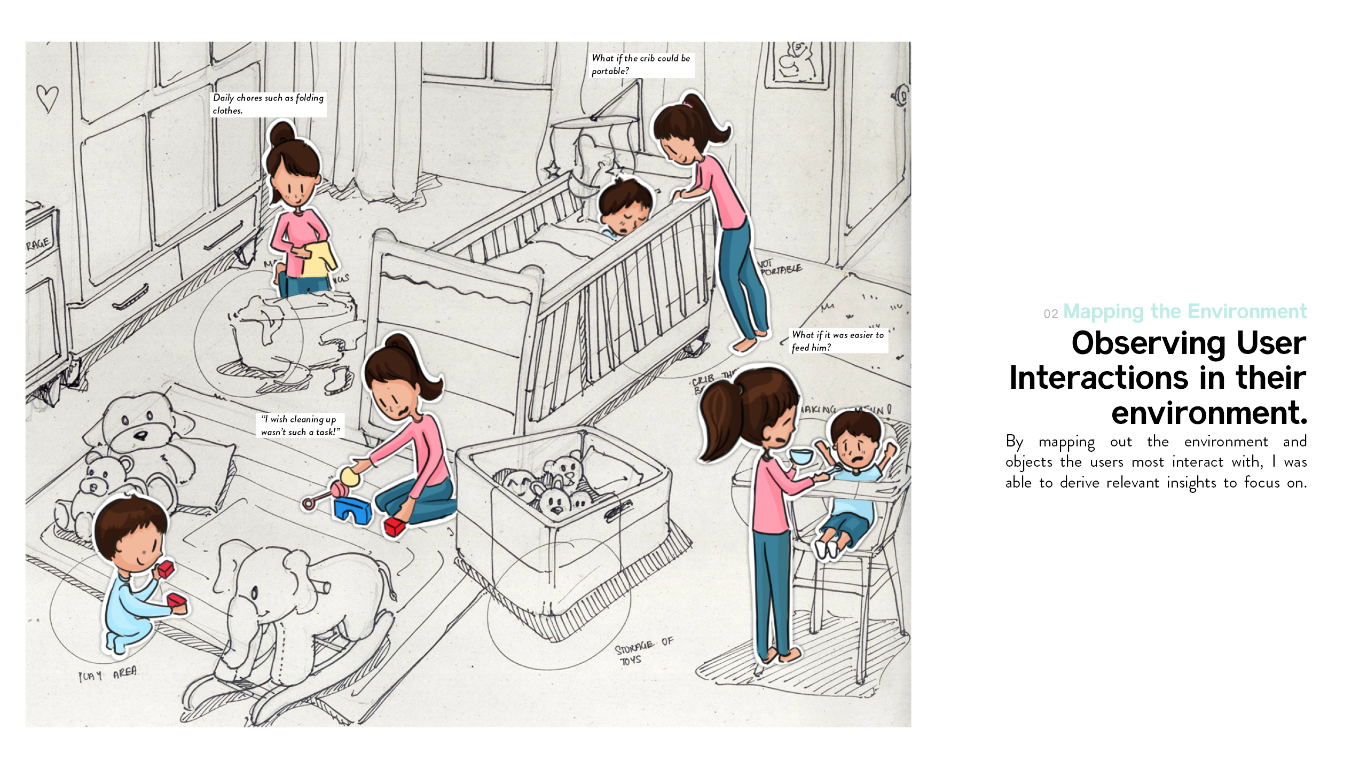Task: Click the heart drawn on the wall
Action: click(47, 98)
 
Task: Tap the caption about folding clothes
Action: click(268, 104)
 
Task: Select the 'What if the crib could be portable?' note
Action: click(641, 65)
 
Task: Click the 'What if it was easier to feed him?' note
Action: click(838, 341)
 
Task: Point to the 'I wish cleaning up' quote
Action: click(300, 426)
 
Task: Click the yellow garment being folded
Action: click(319, 259)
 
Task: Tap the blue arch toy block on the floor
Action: click(352, 510)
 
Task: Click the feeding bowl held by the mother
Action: click(802, 457)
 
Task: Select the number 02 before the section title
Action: click(1050, 314)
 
